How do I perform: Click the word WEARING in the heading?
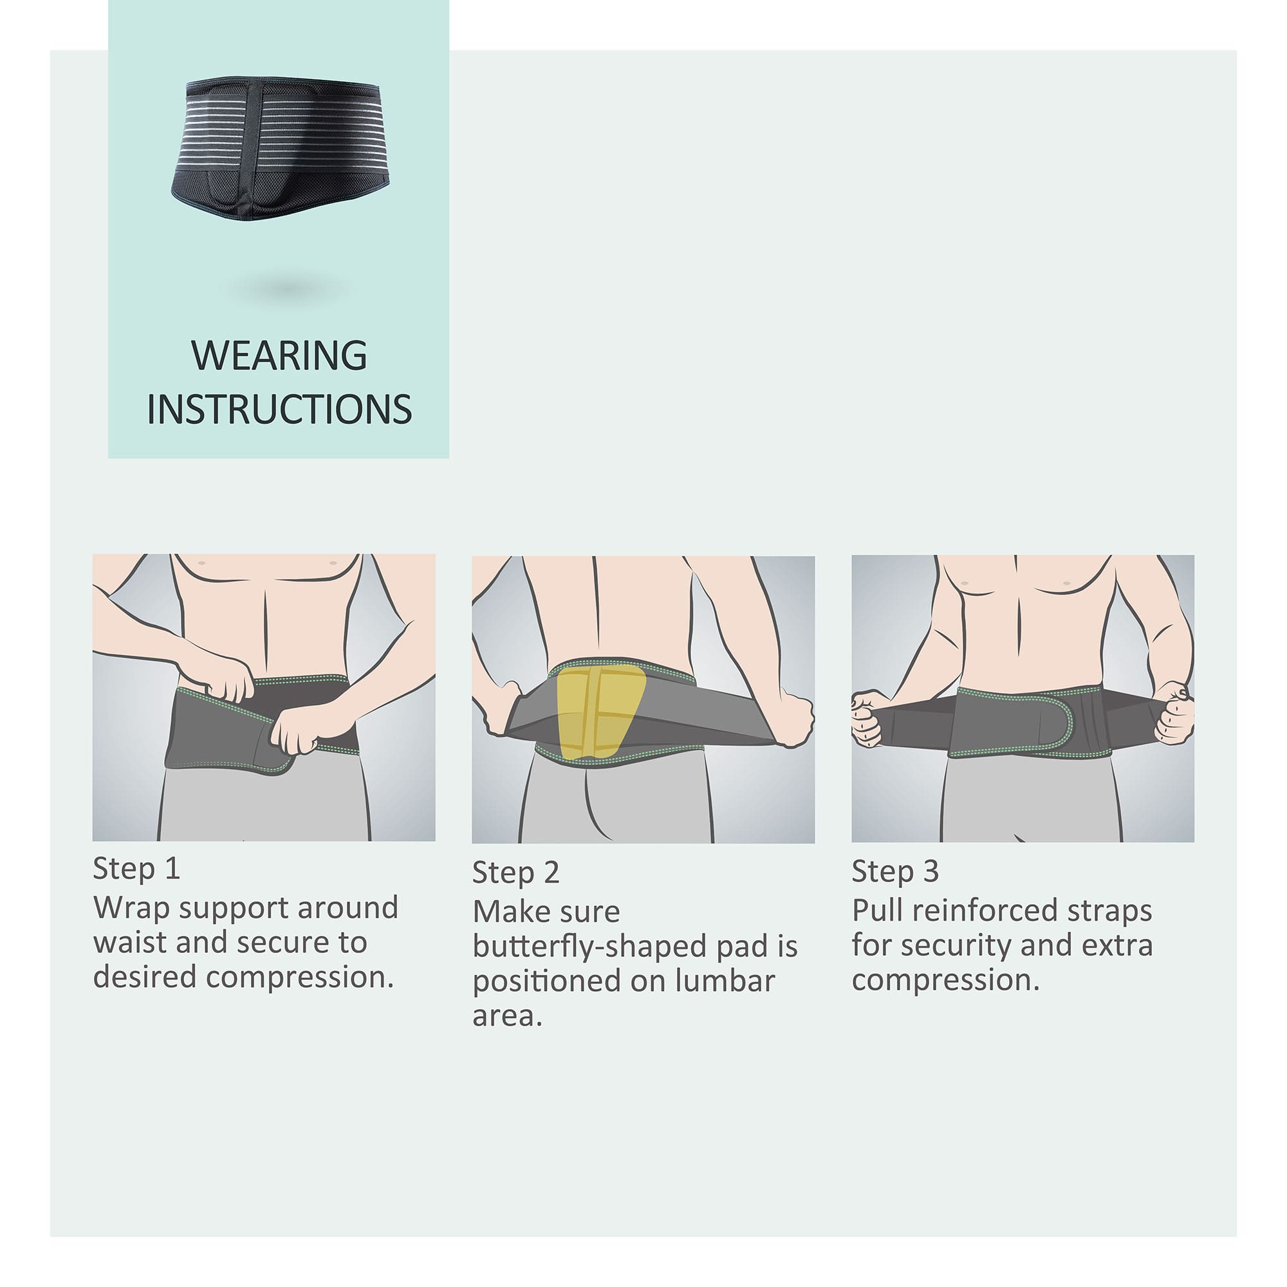point(279,356)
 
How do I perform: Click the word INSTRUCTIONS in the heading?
point(279,409)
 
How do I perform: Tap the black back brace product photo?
point(281,148)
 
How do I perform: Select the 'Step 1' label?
point(136,869)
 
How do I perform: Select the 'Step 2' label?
point(515,873)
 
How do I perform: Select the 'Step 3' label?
point(895,871)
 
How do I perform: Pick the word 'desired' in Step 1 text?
point(145,977)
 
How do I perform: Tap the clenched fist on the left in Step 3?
point(869,718)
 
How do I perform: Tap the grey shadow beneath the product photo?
point(288,289)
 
